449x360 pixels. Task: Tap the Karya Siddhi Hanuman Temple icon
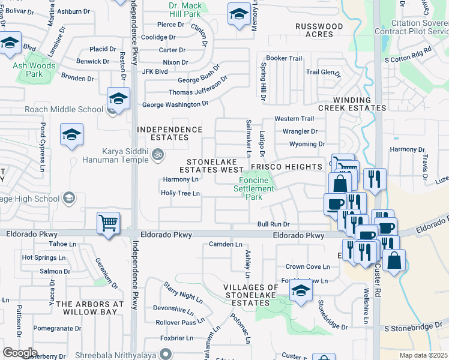[x=158, y=154]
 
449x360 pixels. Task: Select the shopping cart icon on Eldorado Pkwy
[x=108, y=224]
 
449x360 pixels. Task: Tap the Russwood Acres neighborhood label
[x=319, y=31]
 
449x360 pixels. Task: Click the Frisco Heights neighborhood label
[x=286, y=166]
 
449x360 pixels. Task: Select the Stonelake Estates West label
[x=215, y=166]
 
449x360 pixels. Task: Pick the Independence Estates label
[x=170, y=133]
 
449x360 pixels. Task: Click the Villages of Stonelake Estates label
[x=251, y=295]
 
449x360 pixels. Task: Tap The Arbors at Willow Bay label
[x=89, y=308]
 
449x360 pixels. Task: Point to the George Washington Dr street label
[x=175, y=104]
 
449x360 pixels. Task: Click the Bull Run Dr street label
[x=273, y=224]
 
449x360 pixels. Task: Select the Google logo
[x=20, y=352]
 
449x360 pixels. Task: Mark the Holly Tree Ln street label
[x=180, y=193]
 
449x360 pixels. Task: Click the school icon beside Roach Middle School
[x=118, y=100]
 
